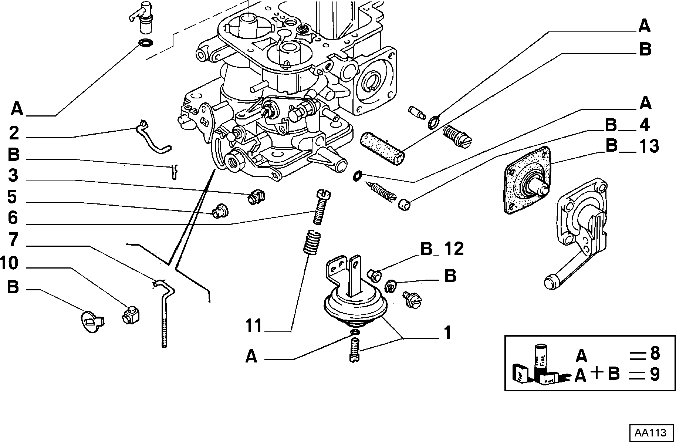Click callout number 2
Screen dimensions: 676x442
pos(14,133)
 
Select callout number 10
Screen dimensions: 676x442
pos(9,264)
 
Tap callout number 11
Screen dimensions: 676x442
pos(254,326)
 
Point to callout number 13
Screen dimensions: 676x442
pos(649,146)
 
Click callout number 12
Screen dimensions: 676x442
pos(454,249)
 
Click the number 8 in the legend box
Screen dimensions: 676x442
pos(655,354)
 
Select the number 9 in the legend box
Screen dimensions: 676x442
pos(655,374)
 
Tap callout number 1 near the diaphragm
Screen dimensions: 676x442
pos(447,333)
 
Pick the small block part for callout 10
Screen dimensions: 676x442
pos(131,314)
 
